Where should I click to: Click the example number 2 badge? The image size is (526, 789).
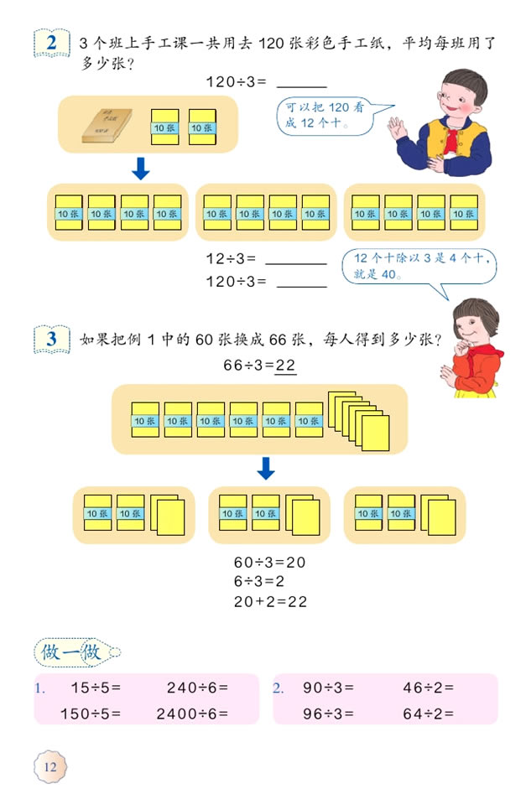click(53, 43)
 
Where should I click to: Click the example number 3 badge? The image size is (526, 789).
click(53, 340)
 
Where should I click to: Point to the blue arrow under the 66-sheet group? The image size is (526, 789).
click(266, 468)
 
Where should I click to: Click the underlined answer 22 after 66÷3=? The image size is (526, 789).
click(287, 366)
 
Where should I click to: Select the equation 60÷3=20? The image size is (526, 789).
click(269, 563)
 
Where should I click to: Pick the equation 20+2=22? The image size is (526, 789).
click(269, 601)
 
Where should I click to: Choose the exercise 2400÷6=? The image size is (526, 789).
click(192, 714)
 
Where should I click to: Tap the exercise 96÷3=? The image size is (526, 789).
click(328, 714)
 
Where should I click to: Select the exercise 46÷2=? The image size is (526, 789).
click(428, 688)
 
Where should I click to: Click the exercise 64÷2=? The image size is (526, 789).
click(428, 714)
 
